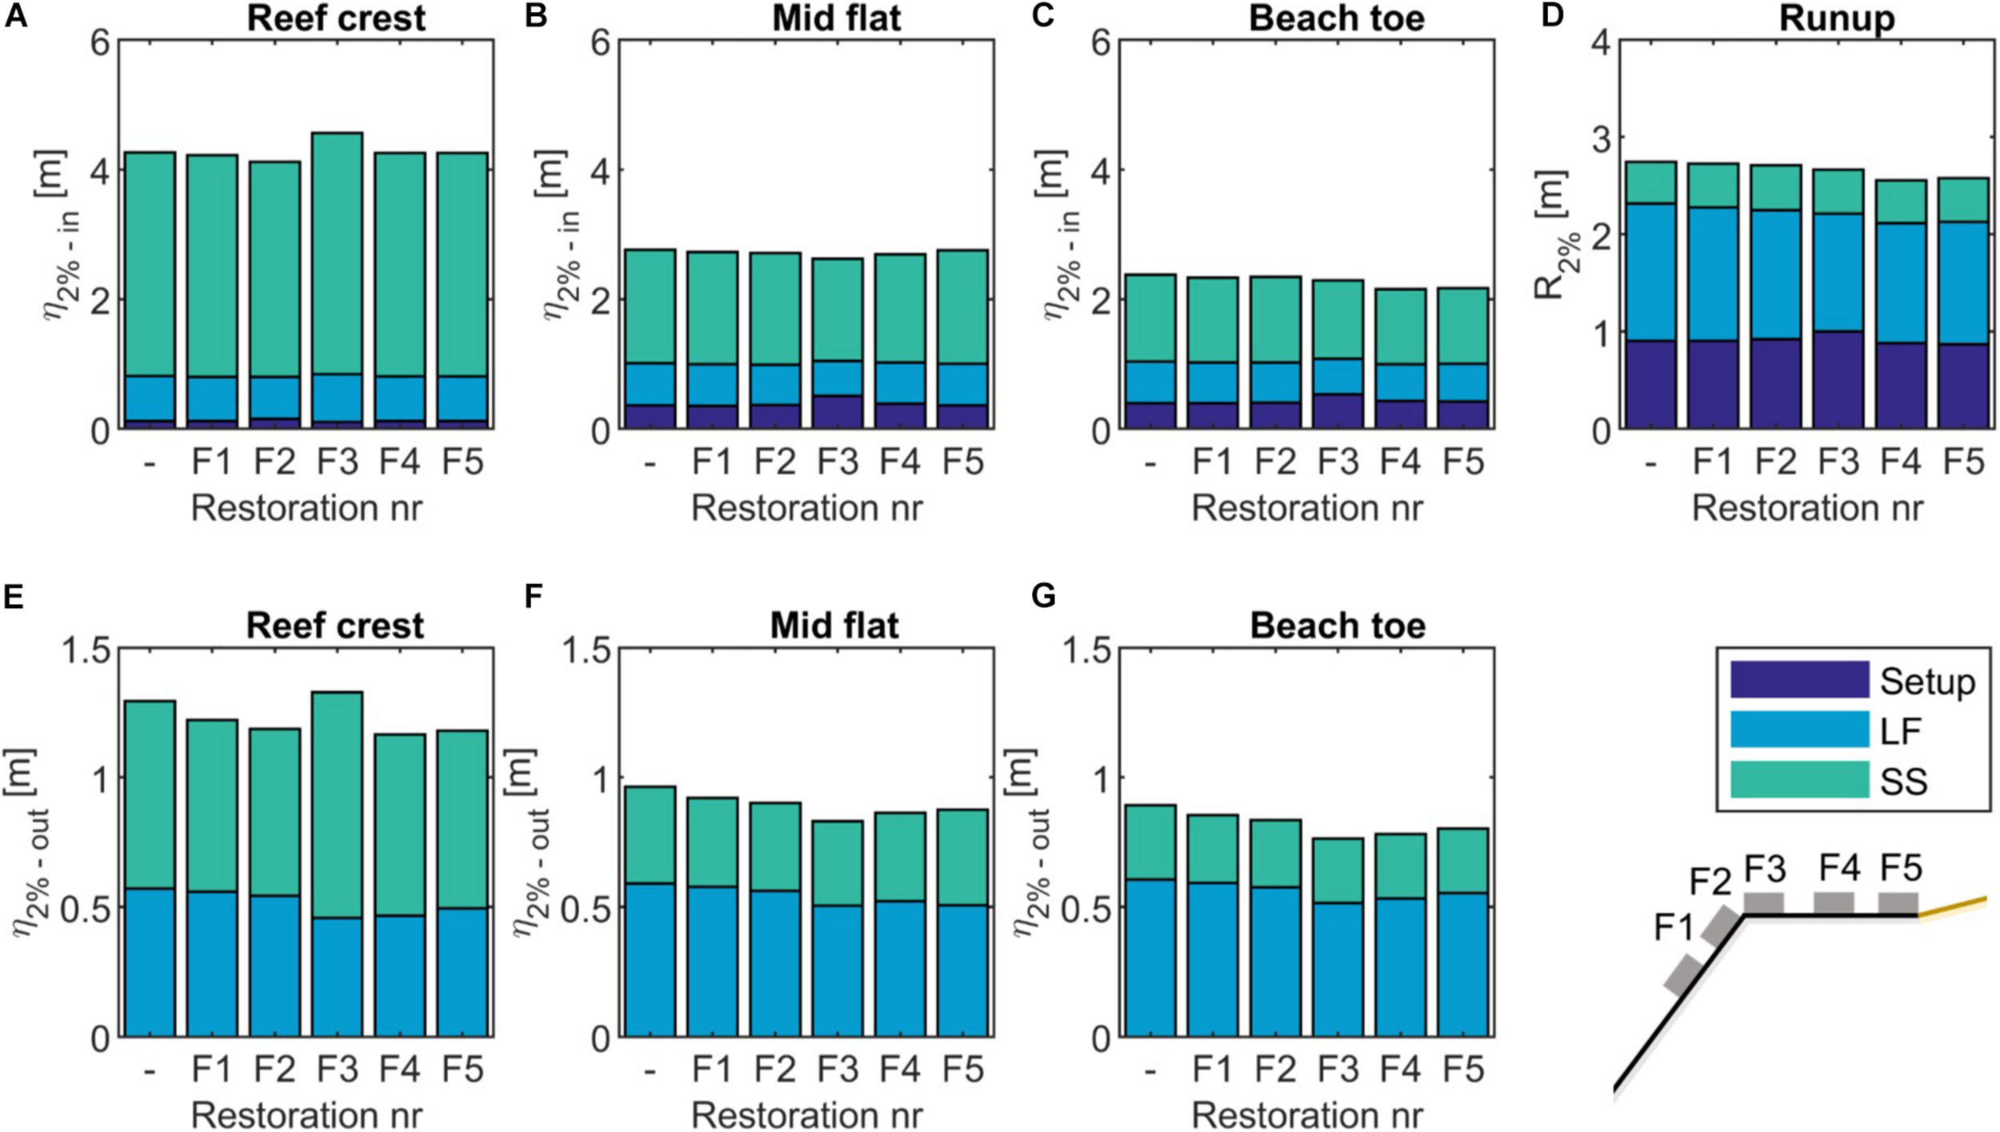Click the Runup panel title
[x=1836, y=18]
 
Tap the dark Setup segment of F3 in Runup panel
[x=1838, y=380]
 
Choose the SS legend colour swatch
[x=1799, y=780]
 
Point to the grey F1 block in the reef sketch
[x=1682, y=975]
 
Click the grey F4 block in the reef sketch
[x=1834, y=903]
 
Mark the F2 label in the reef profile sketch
[x=1710, y=882]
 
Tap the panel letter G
[x=1044, y=596]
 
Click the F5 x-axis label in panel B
[x=962, y=462]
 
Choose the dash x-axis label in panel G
[x=1150, y=1070]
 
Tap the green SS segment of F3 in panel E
[x=337, y=804]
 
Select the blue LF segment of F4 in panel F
[x=899, y=968]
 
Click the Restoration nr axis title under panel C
[x=1306, y=509]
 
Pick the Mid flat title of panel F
[x=834, y=626]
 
